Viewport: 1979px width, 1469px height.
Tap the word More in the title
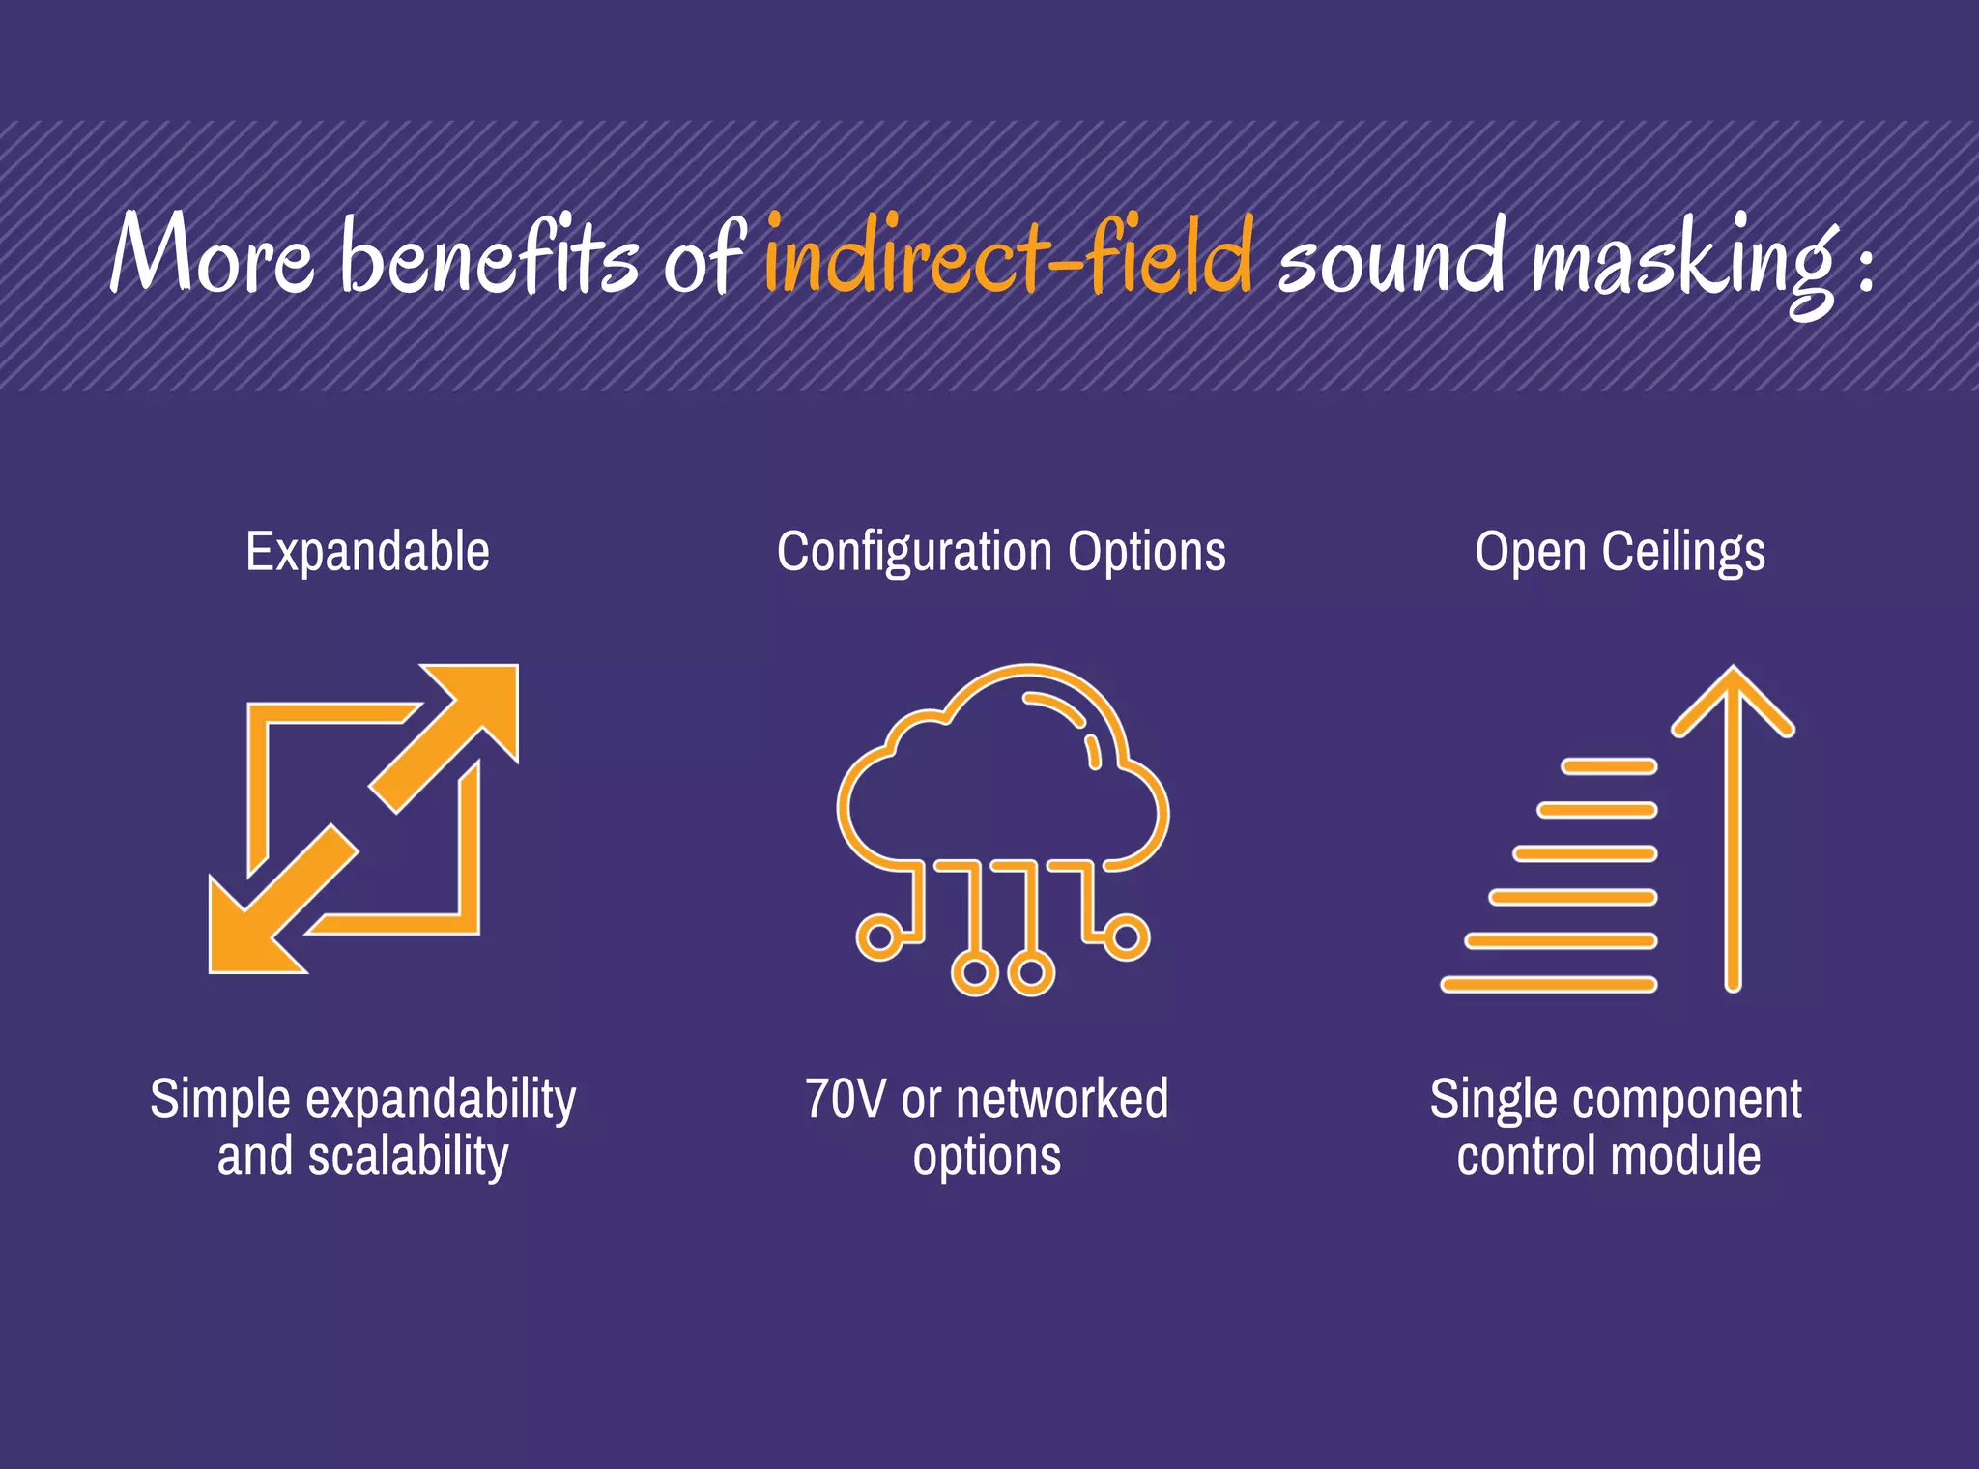pyautogui.click(x=212, y=253)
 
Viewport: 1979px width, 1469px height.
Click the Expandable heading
pyautogui.click(x=367, y=552)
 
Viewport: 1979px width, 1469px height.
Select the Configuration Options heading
pyautogui.click(x=1001, y=552)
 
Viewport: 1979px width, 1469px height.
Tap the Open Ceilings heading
pyautogui.click(x=1620, y=552)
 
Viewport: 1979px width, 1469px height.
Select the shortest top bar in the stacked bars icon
pyautogui.click(x=1609, y=766)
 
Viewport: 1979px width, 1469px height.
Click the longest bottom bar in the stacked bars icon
pyautogui.click(x=1548, y=984)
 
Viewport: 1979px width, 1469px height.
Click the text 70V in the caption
pyautogui.click(x=845, y=1099)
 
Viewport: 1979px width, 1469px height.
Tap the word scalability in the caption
pyautogui.click(x=408, y=1157)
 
